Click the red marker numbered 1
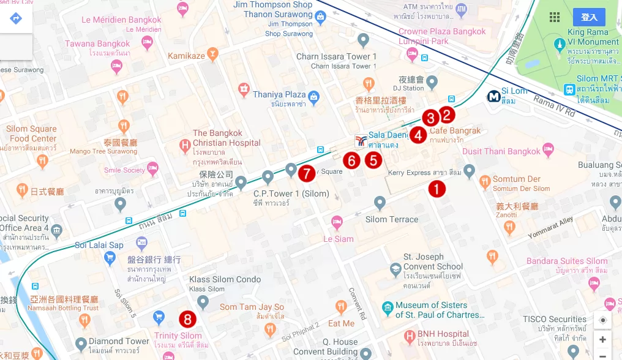click(x=437, y=189)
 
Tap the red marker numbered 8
click(x=188, y=319)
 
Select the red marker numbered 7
click(x=307, y=173)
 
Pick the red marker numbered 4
click(x=418, y=135)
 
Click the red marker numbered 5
click(x=373, y=160)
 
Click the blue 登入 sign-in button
click(x=589, y=17)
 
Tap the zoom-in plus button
click(x=603, y=339)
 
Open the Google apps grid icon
click(x=555, y=17)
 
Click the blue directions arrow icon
click(x=16, y=18)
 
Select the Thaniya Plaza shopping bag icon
click(x=314, y=96)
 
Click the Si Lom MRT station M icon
click(x=493, y=97)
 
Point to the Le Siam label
click(x=339, y=239)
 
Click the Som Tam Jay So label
click(x=252, y=307)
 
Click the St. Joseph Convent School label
click(x=433, y=261)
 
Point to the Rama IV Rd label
click(x=554, y=105)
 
